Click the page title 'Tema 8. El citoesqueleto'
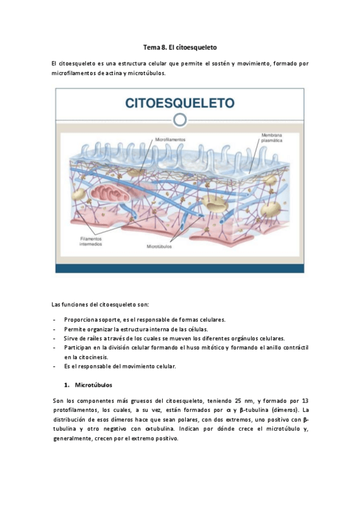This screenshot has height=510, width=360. point(180,46)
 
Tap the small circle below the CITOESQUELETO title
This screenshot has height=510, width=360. point(179,120)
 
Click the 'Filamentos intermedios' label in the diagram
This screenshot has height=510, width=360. point(94,241)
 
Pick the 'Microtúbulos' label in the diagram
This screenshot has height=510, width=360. point(160,246)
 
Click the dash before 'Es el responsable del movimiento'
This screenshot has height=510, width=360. point(55,366)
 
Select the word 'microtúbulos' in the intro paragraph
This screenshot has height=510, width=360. point(147,73)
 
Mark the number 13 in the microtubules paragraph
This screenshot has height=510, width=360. point(305,400)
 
